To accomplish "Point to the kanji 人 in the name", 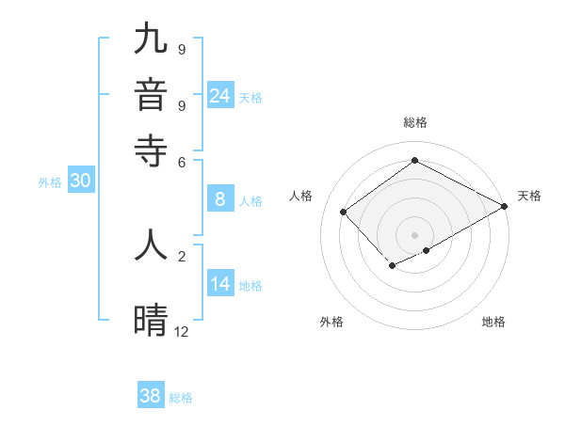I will coord(151,245).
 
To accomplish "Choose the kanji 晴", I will coord(151,321).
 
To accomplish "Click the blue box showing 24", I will coord(220,96).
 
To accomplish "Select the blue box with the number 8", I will coord(220,199).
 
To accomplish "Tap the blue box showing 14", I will coord(220,285).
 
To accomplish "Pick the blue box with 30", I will coord(80,182).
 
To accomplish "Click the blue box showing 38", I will coord(151,396).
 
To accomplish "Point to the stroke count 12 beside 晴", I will coord(181,331).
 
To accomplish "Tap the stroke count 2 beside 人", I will coord(182,255).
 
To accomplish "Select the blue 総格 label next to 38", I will coord(181,398).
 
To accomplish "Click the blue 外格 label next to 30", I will coord(50,183).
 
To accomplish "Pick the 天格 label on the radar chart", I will coord(529,196).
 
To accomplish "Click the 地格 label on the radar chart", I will coord(493,323).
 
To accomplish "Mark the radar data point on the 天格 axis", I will coord(505,207).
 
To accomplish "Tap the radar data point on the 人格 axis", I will coord(344,212).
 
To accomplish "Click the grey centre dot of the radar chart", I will coord(414,235).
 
